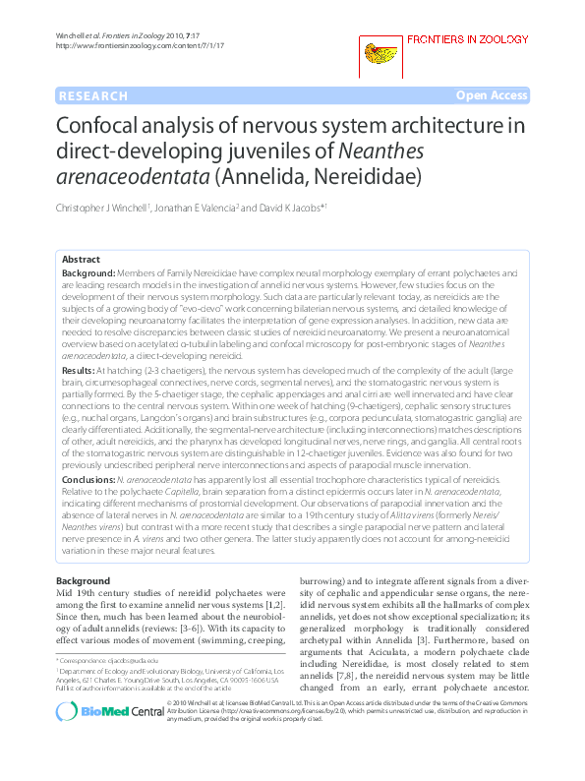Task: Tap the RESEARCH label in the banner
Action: click(x=93, y=95)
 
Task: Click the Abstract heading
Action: click(x=81, y=259)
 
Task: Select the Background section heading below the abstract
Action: click(x=84, y=582)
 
